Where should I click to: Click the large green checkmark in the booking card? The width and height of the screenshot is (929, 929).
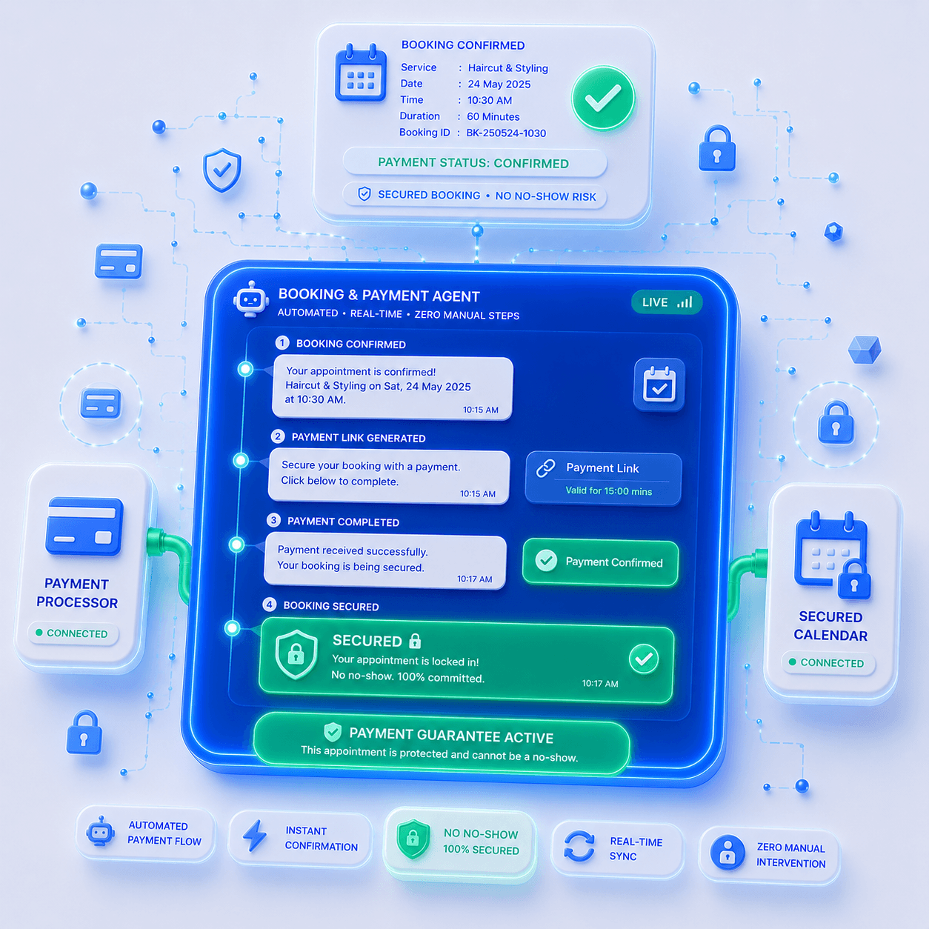click(602, 99)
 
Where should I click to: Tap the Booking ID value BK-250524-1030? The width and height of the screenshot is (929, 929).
click(506, 133)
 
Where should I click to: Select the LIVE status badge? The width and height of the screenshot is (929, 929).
click(666, 302)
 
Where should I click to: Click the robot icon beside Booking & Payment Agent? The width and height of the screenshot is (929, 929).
click(250, 299)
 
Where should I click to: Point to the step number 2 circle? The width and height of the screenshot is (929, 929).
click(277, 436)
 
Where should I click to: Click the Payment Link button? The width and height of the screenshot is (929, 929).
click(602, 479)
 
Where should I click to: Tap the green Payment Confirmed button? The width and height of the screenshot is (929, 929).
click(600, 562)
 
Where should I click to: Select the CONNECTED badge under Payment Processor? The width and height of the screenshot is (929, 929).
click(73, 633)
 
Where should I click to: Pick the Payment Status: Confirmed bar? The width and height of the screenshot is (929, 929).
click(474, 163)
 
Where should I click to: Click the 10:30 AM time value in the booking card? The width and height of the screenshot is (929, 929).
click(490, 100)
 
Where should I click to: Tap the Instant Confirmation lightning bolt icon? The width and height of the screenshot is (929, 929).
click(255, 836)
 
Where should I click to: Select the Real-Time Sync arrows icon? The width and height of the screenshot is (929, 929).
click(579, 845)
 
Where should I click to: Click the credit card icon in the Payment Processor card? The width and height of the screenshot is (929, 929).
click(84, 527)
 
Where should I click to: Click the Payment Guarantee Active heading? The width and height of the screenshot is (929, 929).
click(450, 735)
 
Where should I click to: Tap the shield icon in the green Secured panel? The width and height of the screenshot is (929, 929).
click(296, 654)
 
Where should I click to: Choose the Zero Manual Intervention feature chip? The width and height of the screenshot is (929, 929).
click(769, 855)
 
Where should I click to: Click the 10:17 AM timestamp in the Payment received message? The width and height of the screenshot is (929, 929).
click(474, 579)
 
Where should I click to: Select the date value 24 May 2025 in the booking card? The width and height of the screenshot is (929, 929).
click(499, 84)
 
